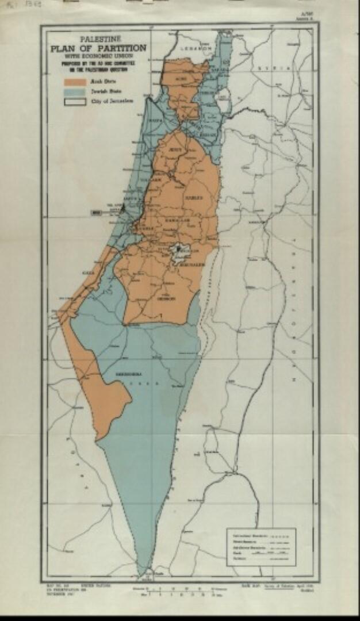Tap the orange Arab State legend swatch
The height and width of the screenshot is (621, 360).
[x=75, y=82]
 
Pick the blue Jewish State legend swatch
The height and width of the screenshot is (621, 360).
[x=75, y=91]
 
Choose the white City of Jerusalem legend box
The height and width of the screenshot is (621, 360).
[x=75, y=101]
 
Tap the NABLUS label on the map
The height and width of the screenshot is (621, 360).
[x=192, y=197]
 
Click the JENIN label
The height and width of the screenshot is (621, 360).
[x=175, y=149]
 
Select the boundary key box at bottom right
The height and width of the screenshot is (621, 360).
[x=261, y=547]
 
